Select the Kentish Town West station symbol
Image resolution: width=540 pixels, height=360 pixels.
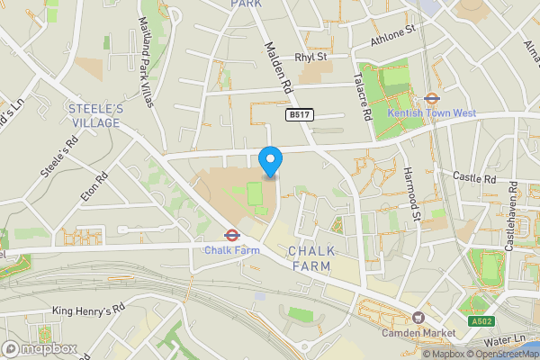pos(431,99)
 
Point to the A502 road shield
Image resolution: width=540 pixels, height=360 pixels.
pos(481,321)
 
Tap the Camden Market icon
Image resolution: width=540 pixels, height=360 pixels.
pos(418,319)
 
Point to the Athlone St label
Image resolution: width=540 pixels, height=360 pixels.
pos(392,35)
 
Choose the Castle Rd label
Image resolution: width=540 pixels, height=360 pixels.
pos(474,178)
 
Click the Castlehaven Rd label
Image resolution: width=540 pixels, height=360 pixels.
pos(512,216)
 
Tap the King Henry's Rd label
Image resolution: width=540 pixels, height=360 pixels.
pos(86,311)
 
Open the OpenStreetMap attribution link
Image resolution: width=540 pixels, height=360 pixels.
pos(499,354)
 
